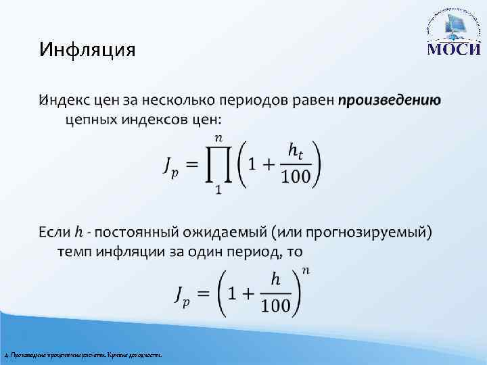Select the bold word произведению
click(390, 101)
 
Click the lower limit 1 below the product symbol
click(218, 191)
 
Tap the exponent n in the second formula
click(306, 271)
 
